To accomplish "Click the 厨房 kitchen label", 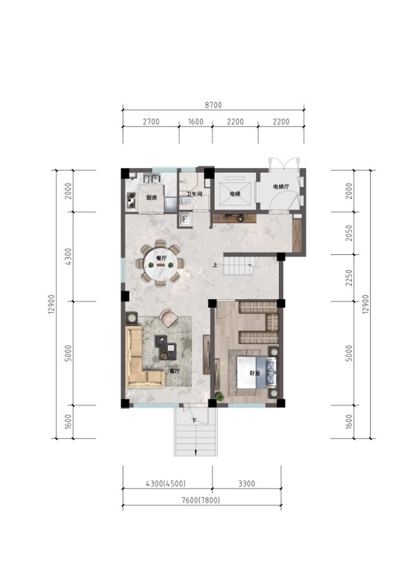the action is pyautogui.click(x=151, y=198).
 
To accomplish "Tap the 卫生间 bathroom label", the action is pyautogui.click(x=194, y=194).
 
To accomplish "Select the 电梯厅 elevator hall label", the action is pyautogui.click(x=281, y=186).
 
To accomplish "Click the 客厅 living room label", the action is pyautogui.click(x=175, y=371).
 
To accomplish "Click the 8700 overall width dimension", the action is pyautogui.click(x=213, y=105).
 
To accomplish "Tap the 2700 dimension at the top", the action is pyautogui.click(x=151, y=121).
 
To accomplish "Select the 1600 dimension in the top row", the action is pyautogui.click(x=195, y=121).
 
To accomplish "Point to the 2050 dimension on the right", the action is pyautogui.click(x=349, y=233).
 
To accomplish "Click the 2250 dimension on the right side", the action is pyautogui.click(x=349, y=278).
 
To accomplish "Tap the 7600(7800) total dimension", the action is pyautogui.click(x=200, y=500).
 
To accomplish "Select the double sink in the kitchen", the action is pyautogui.click(x=152, y=179).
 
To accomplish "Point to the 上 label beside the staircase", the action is pyautogui.click(x=215, y=265).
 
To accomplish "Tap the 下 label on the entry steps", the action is pyautogui.click(x=194, y=421).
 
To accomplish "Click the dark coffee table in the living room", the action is pyautogui.click(x=165, y=347).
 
